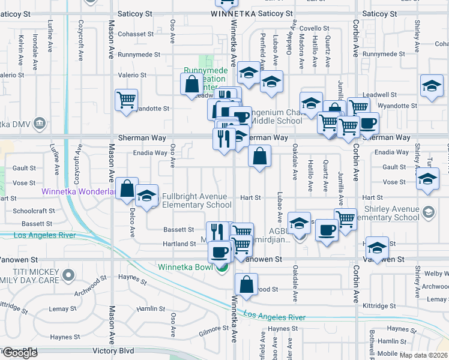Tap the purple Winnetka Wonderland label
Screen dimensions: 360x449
78,192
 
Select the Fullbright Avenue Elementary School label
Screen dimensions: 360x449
196,200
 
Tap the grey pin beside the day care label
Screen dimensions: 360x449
68,275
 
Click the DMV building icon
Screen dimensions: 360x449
40,124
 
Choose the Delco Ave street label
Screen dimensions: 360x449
133,218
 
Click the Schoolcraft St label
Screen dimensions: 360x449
34,211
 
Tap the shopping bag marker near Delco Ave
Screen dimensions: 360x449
127,189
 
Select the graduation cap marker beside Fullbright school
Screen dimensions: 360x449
146,196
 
